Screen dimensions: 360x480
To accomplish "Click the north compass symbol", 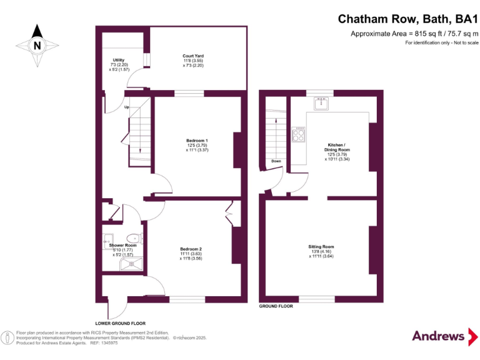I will pyautogui.click(x=37, y=44).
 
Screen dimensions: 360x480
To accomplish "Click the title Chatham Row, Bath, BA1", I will pyautogui.click(x=407, y=21).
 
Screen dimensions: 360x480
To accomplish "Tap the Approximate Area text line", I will pyautogui.click(x=414, y=34).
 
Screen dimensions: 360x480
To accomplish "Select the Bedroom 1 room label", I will pyautogui.click(x=197, y=145).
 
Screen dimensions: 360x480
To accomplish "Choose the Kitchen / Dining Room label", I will pyautogui.click(x=337, y=151).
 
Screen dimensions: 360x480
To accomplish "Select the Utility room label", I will pyautogui.click(x=119, y=64).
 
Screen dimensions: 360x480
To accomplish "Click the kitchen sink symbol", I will pyautogui.click(x=322, y=104).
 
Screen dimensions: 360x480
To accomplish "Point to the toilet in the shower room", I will pyautogui.click(x=133, y=238).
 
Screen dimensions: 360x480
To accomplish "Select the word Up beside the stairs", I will pyautogui.click(x=127, y=107).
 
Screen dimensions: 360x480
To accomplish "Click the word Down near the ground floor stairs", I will pyautogui.click(x=276, y=161).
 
